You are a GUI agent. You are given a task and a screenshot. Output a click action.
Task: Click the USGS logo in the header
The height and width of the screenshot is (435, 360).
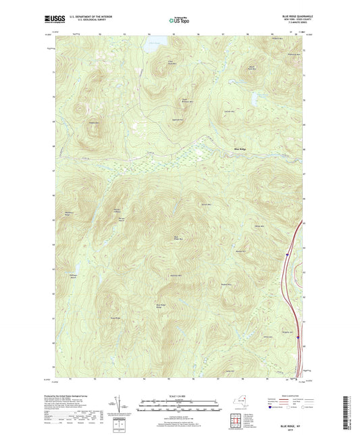54,20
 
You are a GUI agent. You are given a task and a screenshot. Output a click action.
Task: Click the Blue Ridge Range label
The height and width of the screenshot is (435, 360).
161,306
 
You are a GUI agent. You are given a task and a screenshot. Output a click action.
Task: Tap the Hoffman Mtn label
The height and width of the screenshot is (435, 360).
174,276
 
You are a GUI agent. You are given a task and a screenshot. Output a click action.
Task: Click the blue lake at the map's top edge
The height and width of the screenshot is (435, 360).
154,45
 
